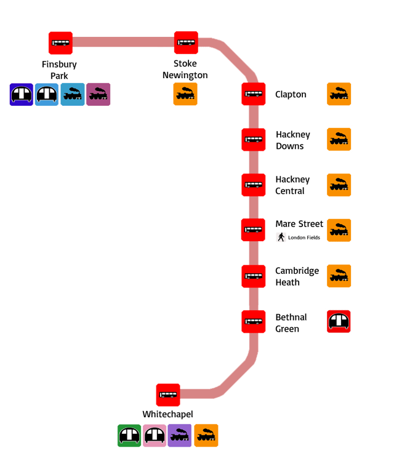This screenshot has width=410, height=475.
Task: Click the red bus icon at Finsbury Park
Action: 60,43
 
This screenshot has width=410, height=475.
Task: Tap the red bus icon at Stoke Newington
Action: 186,42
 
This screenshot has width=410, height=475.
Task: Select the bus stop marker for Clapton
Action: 253,94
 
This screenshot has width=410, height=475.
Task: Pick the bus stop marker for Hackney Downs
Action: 253,140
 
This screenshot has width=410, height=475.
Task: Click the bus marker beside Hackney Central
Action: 253,185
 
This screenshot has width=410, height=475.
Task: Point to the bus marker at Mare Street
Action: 253,230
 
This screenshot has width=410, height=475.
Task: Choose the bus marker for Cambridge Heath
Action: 253,276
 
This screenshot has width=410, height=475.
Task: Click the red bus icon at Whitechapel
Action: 168,395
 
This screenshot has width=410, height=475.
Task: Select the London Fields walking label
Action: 299,237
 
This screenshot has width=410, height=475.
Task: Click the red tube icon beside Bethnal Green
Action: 339,321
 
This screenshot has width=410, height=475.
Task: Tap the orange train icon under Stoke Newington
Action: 185,95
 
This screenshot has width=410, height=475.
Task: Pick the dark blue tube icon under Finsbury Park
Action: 22,95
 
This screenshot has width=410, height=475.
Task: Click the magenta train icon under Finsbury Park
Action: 98,95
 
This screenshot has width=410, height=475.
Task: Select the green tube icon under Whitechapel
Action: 129,436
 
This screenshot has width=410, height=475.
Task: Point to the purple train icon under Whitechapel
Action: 180,436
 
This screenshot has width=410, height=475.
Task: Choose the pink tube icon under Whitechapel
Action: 155,436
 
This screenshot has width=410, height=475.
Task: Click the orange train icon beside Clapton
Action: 339,94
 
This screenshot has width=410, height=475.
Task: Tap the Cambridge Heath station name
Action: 297,276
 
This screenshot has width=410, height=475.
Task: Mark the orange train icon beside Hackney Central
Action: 339,185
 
